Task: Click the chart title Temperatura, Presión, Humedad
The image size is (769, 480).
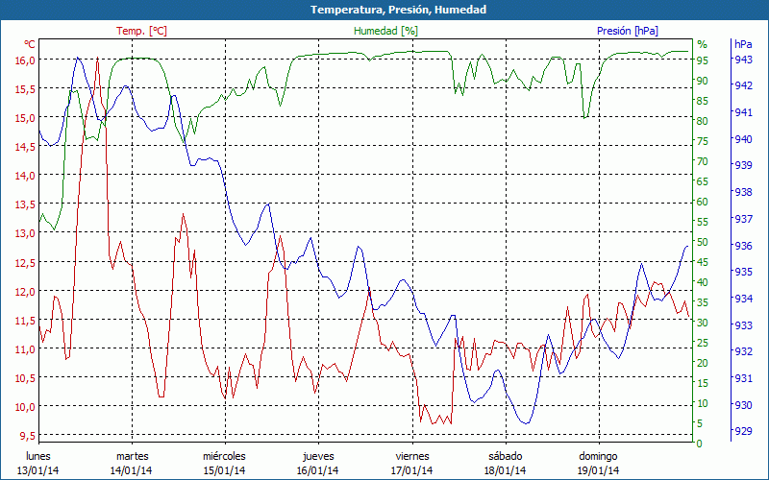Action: tap(384, 10)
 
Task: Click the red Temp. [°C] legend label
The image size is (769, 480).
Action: tap(141, 31)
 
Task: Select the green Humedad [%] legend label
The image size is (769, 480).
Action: tap(386, 31)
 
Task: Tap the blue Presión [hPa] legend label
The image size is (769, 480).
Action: tap(627, 31)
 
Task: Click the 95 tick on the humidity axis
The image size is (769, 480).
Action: tap(703, 60)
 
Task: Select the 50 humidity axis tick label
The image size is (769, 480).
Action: tap(703, 242)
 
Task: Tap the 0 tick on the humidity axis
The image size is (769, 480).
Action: tap(700, 444)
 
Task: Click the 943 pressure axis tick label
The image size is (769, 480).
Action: tap(742, 60)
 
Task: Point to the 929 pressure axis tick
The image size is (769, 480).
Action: tap(742, 431)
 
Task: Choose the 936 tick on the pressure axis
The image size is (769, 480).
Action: tap(742, 246)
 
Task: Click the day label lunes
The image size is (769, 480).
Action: tap(39, 456)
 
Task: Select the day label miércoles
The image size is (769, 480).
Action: tap(224, 456)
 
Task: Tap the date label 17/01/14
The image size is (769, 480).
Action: tap(411, 470)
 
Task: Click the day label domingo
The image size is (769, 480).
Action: tap(598, 456)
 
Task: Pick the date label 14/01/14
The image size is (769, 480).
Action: tap(132, 470)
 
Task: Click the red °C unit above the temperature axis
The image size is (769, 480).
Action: tap(30, 44)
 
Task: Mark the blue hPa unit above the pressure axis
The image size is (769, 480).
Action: tap(743, 44)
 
